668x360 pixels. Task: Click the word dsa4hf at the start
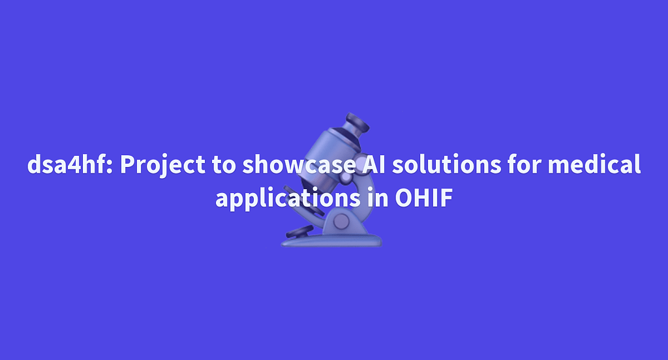[x=67, y=164]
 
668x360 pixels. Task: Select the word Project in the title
[x=162, y=165]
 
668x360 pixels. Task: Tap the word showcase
[x=299, y=164]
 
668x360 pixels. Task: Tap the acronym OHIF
[x=423, y=198]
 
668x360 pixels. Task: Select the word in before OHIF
[x=376, y=198]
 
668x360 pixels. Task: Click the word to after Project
[x=224, y=165]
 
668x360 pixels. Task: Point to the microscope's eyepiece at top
[x=357, y=123]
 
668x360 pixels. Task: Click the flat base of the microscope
[x=331, y=241]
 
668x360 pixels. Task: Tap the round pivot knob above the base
[x=341, y=222]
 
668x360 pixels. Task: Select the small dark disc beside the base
[x=299, y=233]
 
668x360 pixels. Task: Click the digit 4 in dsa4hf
[x=76, y=165]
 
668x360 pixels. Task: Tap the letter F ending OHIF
[x=446, y=198]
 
